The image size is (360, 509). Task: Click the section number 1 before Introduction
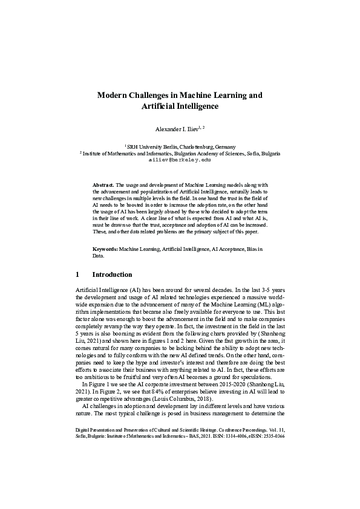pyautogui.click(x=77, y=274)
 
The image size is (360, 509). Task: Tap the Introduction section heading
pyautogui.click(x=116, y=274)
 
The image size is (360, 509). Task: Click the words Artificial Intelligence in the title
pyautogui.click(x=180, y=106)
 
